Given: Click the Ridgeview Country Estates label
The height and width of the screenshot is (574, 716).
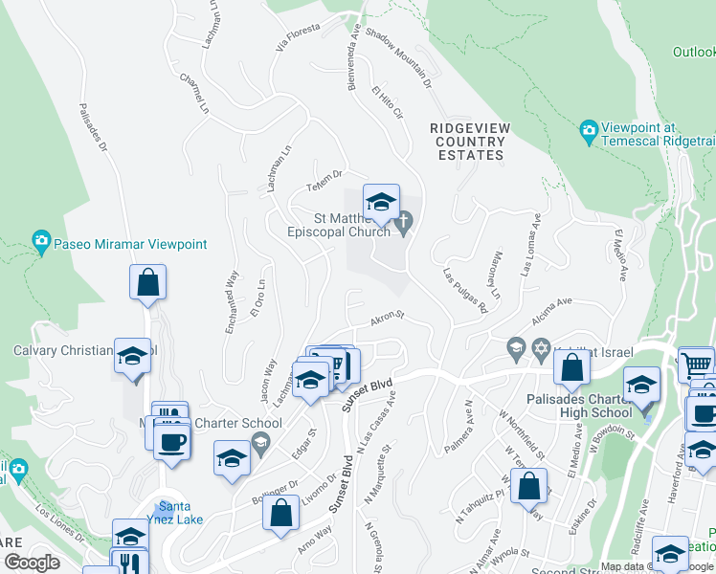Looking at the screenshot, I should (469, 141).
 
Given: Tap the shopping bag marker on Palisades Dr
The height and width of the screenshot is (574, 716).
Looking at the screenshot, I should (148, 283).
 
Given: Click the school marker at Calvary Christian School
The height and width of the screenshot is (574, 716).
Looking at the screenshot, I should (132, 355).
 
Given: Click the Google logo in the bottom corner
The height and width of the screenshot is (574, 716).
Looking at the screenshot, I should (32, 563).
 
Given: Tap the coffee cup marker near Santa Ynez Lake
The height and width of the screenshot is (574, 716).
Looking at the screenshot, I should (172, 442).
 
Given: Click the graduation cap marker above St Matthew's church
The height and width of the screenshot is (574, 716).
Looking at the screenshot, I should (381, 202).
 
